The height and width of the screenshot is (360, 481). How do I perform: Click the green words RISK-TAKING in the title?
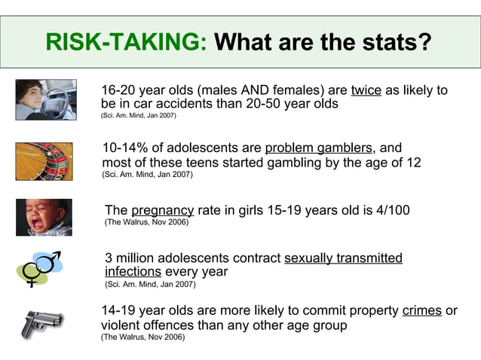125,42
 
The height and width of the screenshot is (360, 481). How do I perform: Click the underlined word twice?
366,90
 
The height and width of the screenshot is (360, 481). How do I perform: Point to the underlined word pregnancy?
162,210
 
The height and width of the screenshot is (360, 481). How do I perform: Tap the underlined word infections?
133,271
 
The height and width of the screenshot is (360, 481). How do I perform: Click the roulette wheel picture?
44,161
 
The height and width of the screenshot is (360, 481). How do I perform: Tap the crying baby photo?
44,217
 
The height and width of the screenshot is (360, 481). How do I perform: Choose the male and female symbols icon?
42,269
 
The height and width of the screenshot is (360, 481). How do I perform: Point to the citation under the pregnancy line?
146,223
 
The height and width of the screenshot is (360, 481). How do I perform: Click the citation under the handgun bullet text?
142,337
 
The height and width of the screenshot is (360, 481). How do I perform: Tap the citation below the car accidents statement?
142,116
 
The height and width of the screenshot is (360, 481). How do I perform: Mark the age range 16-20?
118,90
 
